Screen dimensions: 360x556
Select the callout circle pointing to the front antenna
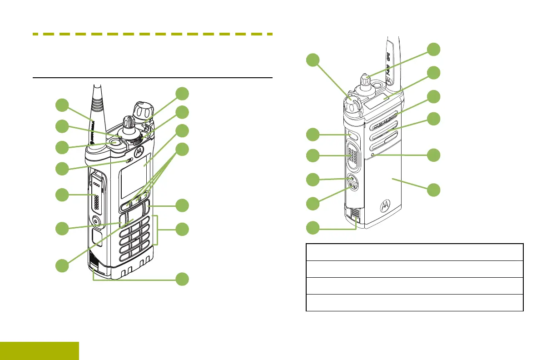pos(63,105)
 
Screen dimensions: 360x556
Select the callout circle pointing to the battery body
pos(434,190)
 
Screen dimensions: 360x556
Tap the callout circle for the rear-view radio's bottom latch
pos(313,226)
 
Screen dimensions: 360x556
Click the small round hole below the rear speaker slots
pos(372,155)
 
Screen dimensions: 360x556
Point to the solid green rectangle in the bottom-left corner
pos(40,351)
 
